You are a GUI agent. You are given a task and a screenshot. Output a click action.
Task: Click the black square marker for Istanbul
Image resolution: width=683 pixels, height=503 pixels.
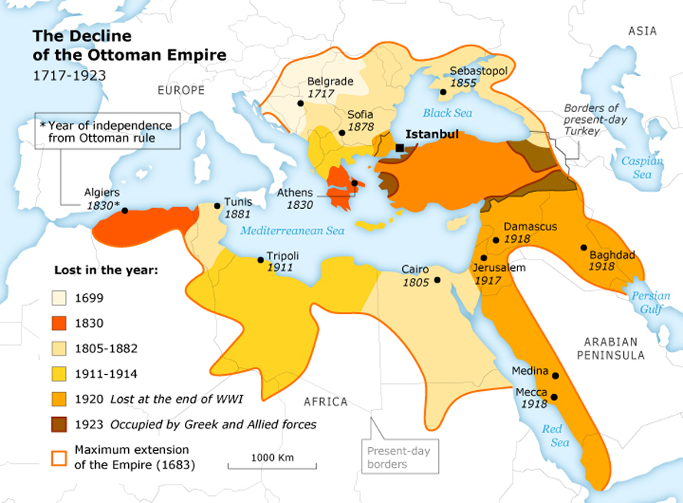pos(400,148)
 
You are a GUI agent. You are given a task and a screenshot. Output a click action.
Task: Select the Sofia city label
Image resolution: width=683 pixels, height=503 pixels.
pos(360,114)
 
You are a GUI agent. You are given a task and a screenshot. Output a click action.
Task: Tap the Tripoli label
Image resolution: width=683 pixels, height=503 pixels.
pos(282,256)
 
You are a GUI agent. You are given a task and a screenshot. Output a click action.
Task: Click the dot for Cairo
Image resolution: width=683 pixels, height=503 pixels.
pos(437,280)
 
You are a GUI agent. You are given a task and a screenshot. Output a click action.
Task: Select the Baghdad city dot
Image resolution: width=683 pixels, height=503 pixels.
pos(584,247)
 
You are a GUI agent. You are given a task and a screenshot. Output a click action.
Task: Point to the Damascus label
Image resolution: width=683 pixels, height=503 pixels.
pos(530,227)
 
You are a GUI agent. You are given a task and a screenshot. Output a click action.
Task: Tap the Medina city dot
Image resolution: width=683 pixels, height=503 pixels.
pos(555,376)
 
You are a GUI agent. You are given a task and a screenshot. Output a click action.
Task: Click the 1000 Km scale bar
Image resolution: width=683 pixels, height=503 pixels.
pos(272,465)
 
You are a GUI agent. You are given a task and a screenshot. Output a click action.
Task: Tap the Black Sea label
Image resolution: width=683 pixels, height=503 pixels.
pos(447,113)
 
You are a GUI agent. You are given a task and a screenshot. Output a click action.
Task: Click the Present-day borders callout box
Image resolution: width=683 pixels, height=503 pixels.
pos(398,458)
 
